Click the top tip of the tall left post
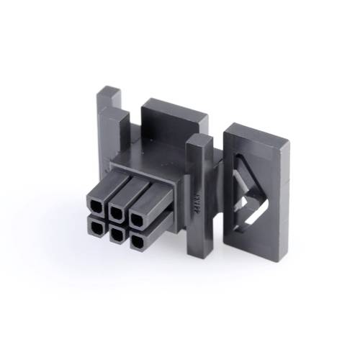[x=110, y=91]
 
